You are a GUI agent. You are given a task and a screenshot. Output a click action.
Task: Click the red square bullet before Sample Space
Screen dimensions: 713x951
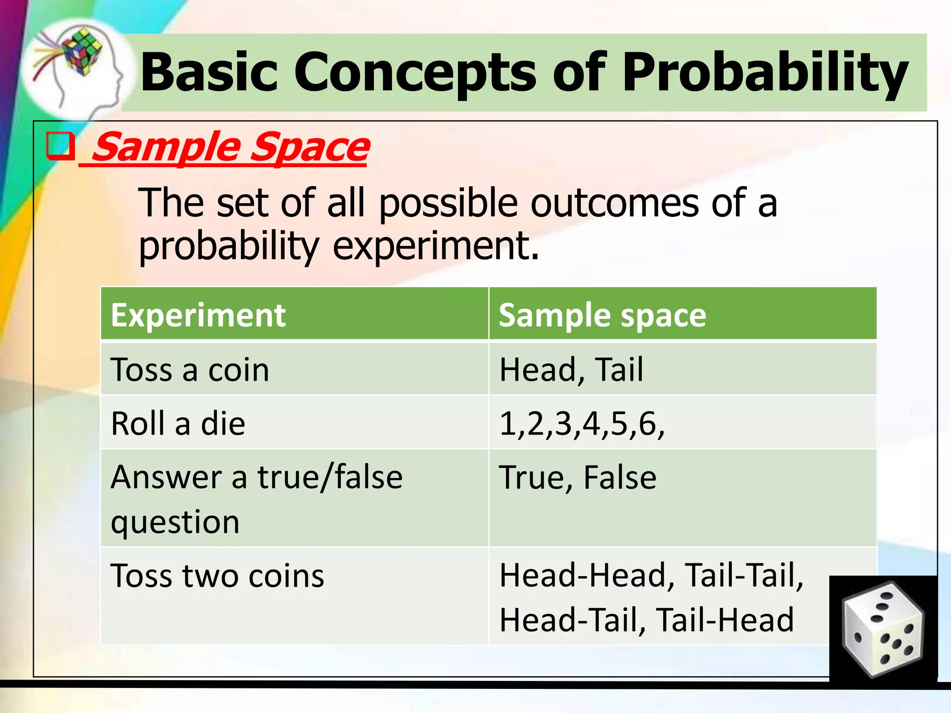[x=60, y=146]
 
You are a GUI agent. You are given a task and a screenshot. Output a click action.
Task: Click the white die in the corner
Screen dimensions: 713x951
[x=882, y=629]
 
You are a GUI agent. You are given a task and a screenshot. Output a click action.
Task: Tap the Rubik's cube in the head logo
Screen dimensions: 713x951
[x=83, y=51]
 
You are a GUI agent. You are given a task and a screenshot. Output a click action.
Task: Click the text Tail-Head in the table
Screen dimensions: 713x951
[x=725, y=620]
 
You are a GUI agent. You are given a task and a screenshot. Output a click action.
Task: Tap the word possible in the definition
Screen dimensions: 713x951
[x=448, y=203]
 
